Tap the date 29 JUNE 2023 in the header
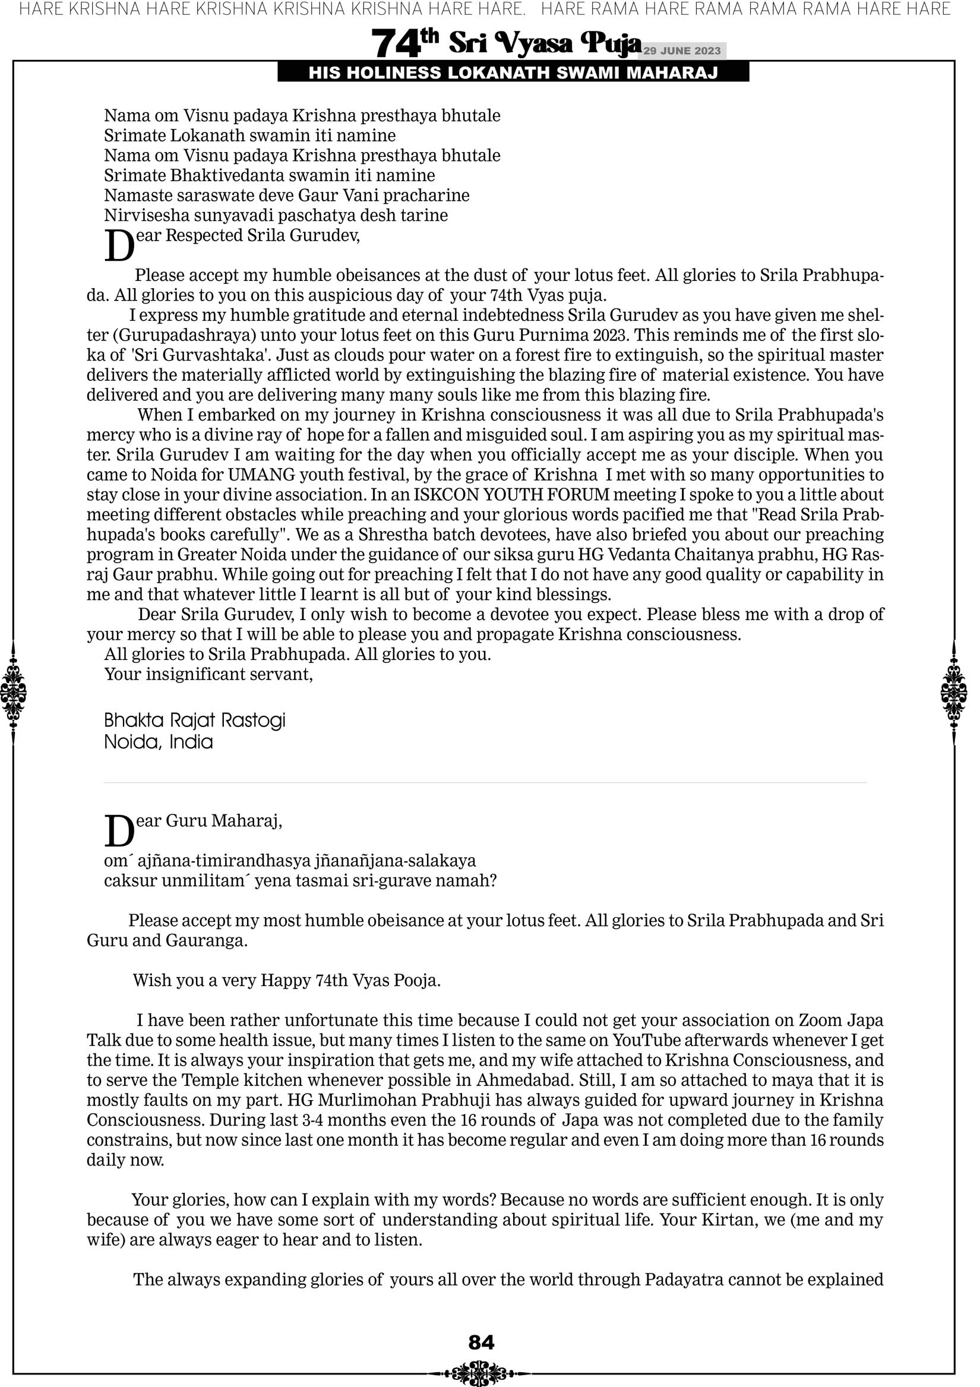click(681, 50)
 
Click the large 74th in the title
click(404, 43)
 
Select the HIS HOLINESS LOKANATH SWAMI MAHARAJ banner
click(513, 73)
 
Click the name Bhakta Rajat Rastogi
click(194, 720)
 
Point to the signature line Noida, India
click(159, 742)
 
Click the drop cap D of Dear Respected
click(119, 246)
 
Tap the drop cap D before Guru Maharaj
click(119, 832)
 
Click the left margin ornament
click(12, 693)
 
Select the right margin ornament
click(954, 693)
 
